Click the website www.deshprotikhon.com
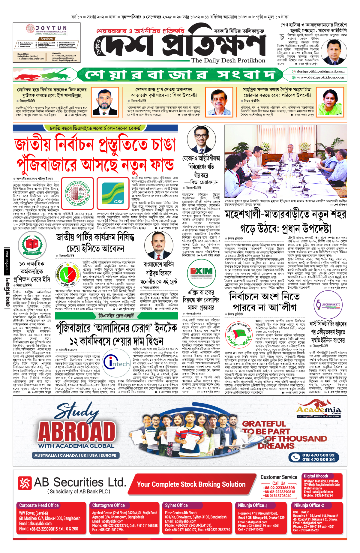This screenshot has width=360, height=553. coord(320,77)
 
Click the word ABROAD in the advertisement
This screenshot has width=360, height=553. coord(77,432)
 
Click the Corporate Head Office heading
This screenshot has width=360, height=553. coord(39,505)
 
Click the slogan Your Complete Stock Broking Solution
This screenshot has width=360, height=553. coord(191,484)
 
